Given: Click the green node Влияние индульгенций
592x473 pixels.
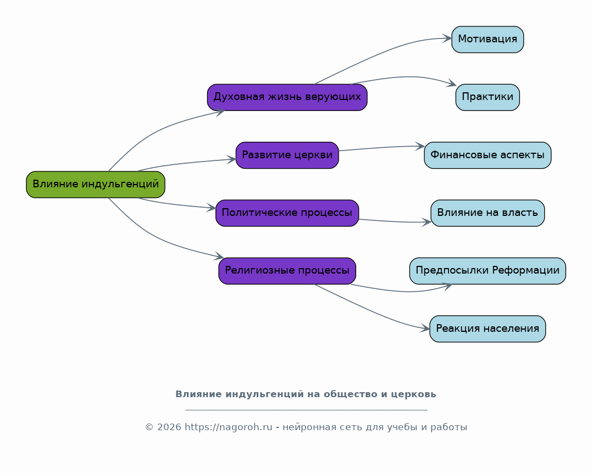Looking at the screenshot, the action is [96, 185].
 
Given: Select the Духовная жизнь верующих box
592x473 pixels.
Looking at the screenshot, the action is [287, 97].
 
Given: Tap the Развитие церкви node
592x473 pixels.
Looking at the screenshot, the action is [287, 155].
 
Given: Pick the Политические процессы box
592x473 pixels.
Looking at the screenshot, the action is [287, 213].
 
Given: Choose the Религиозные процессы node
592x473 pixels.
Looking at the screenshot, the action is [287, 271].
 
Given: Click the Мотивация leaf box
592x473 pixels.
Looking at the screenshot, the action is [488, 39].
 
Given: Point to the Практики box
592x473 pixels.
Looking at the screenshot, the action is [488, 97].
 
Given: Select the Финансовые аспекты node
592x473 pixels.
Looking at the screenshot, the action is [488, 155].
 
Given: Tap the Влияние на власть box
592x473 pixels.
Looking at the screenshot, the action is [488, 213].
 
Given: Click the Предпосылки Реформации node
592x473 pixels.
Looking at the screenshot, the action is [488, 271].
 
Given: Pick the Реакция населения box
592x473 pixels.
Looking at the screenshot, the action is [488, 329].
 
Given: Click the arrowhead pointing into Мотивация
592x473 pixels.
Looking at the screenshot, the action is [447, 38].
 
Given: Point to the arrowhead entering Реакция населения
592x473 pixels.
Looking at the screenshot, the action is [425, 329].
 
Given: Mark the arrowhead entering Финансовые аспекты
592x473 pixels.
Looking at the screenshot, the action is [420, 146].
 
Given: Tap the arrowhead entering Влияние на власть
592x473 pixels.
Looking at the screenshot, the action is [427, 222].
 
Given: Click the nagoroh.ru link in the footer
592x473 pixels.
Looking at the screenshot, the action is [228, 427].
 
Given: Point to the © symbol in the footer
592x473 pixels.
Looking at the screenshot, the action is [149, 427].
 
